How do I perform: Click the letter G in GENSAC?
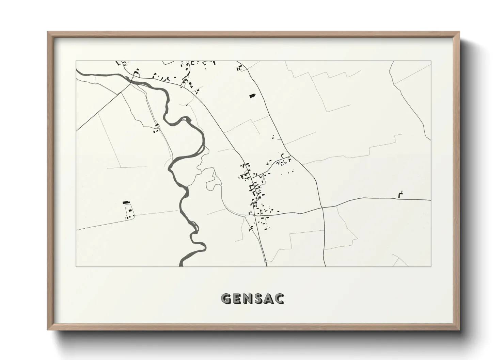pos(226,299)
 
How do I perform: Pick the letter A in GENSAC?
pos(271,299)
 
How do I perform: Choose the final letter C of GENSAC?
pos(280,299)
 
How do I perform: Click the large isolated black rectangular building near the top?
pos(252,96)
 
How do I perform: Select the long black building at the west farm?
pos(127,202)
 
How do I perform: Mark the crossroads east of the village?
pos(322,207)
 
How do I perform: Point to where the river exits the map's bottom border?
pos(182,266)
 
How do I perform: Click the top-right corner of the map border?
pos(431,61)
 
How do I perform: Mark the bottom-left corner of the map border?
pos(76,266)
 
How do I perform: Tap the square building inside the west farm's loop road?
pos(130,211)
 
